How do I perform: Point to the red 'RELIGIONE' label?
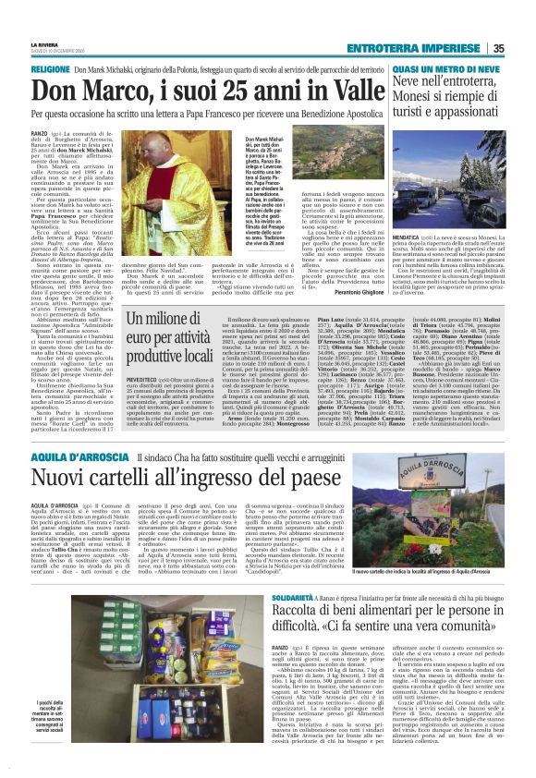click(x=51, y=70)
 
